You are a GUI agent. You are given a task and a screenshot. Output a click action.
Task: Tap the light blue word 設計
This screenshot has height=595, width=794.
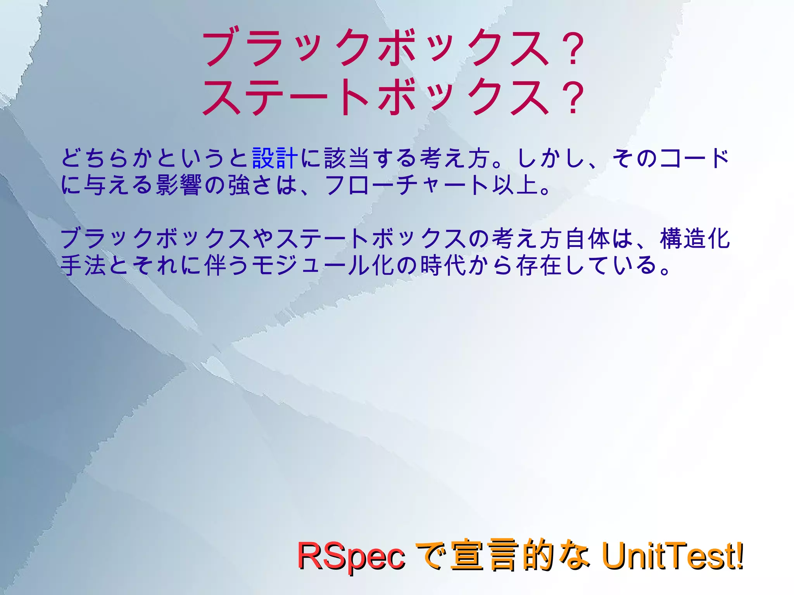click(x=275, y=159)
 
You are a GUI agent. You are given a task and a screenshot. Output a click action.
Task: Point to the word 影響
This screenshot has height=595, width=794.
click(x=179, y=185)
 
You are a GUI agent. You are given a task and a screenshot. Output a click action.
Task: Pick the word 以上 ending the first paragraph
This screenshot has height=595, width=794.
click(x=516, y=185)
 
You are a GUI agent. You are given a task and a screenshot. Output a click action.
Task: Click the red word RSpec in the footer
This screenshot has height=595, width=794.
click(x=351, y=556)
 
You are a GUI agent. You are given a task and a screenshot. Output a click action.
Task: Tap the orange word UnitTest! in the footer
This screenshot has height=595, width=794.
click(x=673, y=556)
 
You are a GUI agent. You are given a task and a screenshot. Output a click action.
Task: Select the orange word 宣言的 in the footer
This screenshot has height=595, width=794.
click(x=502, y=556)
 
